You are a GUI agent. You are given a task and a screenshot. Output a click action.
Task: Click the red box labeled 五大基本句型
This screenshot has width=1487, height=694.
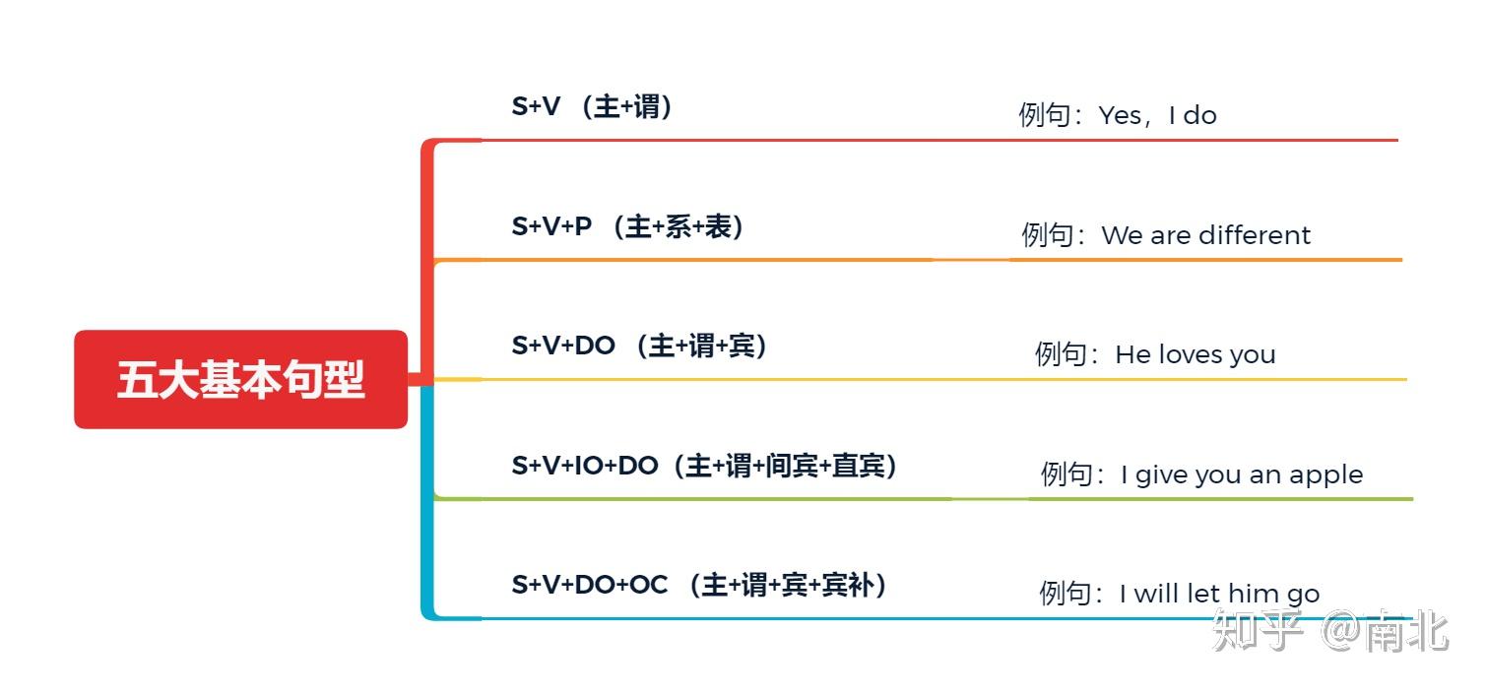240,379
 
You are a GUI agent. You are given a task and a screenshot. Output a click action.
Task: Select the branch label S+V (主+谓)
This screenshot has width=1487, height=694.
592,106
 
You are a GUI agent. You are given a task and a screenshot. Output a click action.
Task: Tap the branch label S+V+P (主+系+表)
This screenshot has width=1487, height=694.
627,226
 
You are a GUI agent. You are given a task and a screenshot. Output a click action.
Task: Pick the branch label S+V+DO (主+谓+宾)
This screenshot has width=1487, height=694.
639,346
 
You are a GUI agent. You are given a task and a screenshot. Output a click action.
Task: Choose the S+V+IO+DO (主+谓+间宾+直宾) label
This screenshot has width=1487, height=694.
704,466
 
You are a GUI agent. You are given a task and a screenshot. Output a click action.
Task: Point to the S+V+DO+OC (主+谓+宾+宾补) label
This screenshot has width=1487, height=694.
699,585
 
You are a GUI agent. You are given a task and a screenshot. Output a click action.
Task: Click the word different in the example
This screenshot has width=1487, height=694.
1256,235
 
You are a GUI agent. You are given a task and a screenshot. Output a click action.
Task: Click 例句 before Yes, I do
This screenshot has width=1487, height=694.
1044,115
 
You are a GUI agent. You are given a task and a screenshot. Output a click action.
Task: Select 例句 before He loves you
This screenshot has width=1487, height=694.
1061,354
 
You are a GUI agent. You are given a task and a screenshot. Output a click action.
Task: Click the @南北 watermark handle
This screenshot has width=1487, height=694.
1385,631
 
